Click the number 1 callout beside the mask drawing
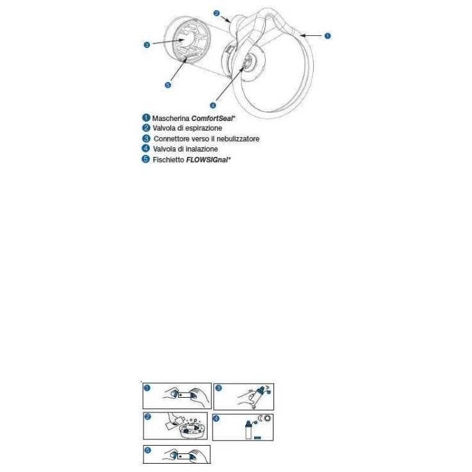tap(327, 36)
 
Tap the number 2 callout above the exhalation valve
tap(217, 12)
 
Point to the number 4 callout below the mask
tap(213, 105)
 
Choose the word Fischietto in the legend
tap(167, 159)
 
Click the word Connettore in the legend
tap(172, 138)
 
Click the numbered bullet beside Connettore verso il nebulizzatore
tap(146, 138)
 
